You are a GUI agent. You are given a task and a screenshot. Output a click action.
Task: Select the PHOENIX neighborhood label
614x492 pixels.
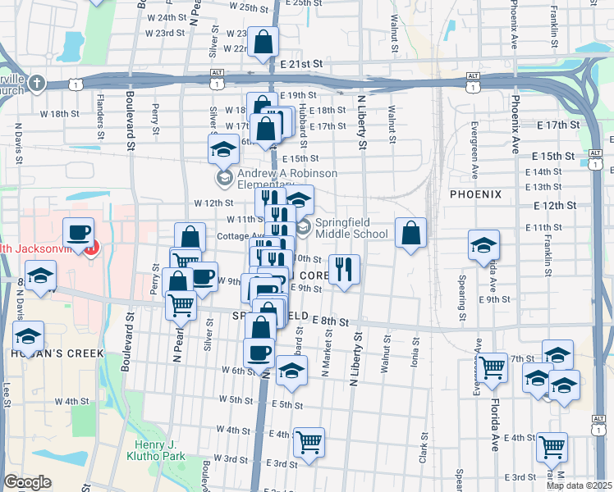tap(475, 194)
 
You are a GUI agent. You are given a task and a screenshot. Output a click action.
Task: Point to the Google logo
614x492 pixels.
tap(27, 482)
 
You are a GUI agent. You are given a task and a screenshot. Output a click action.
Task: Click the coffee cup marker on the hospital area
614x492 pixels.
tap(80, 233)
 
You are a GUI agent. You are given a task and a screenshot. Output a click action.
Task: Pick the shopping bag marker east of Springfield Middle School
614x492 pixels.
tap(410, 233)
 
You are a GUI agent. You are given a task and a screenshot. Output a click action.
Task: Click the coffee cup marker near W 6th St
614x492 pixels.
tap(259, 353)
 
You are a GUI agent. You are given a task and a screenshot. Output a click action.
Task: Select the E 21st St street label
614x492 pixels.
tap(303, 63)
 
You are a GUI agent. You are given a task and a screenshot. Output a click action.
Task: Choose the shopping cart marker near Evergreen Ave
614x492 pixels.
tap(493, 368)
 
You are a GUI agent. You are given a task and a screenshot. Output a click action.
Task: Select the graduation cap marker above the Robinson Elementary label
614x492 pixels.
tap(222, 151)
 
